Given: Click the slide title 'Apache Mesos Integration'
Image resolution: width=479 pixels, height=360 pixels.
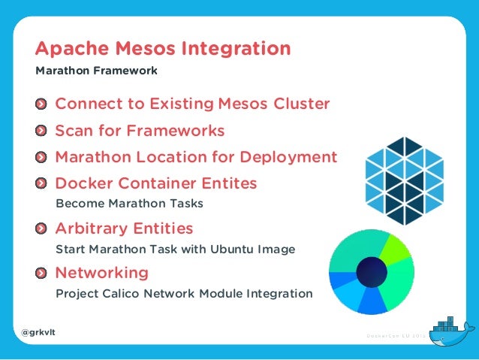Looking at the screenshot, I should coord(163,50).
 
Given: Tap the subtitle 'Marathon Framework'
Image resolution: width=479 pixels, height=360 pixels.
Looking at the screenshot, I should coord(96,71).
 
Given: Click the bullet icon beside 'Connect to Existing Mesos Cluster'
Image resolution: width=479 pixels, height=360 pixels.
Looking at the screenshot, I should coord(43,104).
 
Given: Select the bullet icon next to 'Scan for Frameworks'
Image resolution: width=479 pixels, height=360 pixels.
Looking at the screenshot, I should coord(43,131).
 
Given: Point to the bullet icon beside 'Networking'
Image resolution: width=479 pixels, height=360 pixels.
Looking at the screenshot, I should coord(43,272).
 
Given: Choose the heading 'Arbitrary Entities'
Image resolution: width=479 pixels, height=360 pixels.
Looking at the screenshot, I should coord(124,228).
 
